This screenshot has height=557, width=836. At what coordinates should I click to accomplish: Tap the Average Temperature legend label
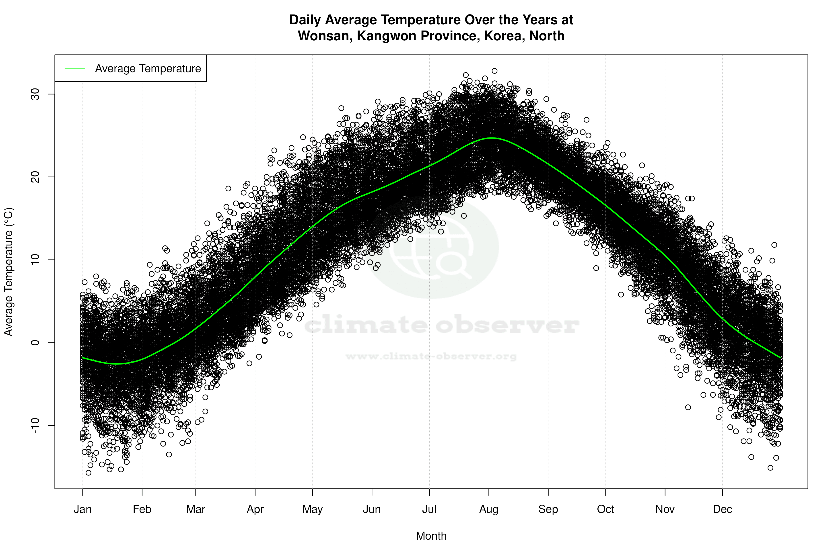point(148,69)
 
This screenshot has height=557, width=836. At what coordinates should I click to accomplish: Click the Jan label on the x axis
point(83,509)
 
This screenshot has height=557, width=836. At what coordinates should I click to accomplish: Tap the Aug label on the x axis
point(489,509)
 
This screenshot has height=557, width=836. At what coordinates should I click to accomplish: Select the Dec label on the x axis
point(722,509)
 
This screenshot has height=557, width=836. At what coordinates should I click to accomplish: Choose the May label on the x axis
point(312,509)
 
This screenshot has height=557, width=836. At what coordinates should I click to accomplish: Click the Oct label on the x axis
point(605,509)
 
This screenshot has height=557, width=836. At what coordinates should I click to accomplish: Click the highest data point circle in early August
point(494,71)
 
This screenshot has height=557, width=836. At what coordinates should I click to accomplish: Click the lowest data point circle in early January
point(89,473)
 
